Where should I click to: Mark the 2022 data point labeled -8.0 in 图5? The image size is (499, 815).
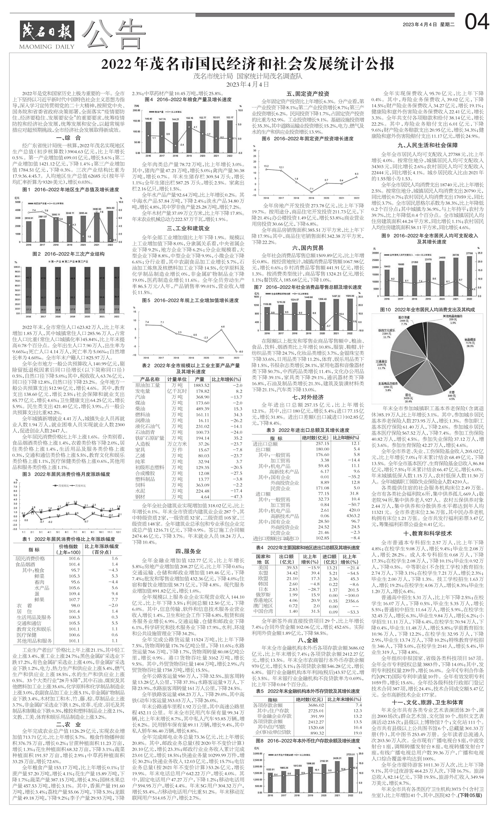point(236,351)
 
